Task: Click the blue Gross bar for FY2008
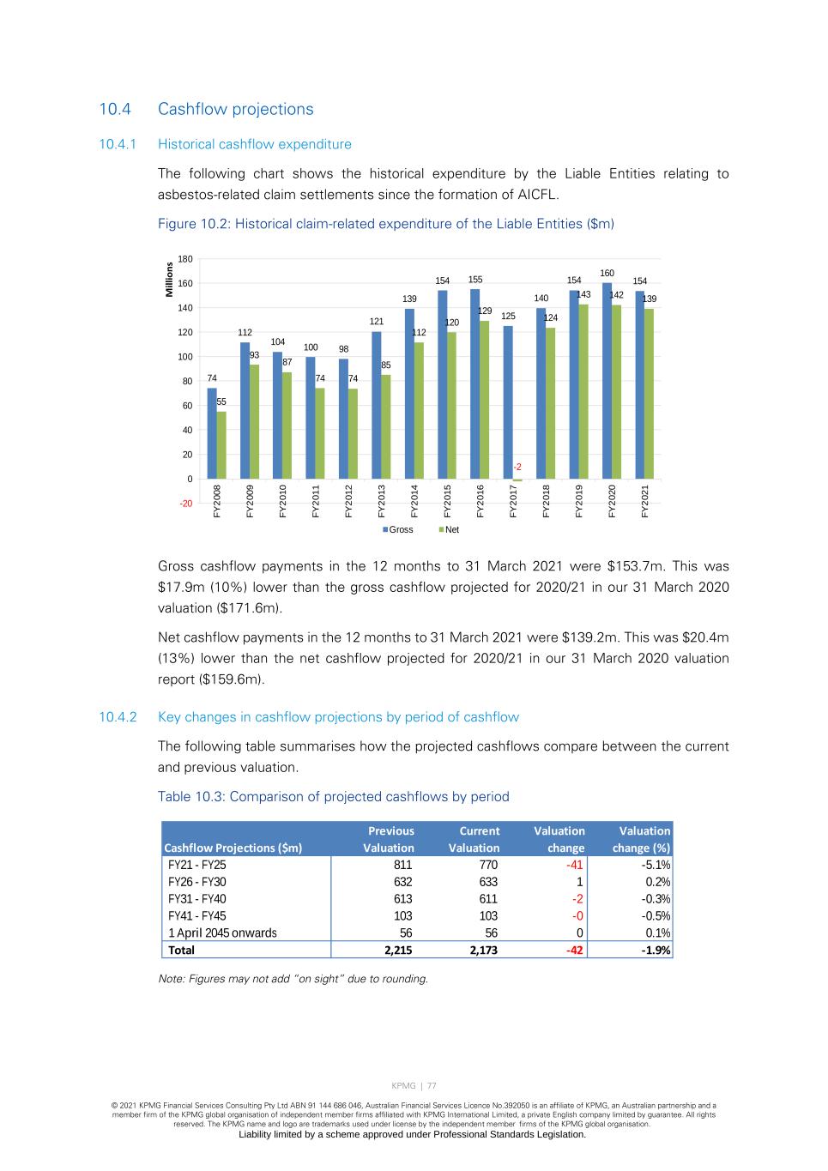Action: tap(212, 433)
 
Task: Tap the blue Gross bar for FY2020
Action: tap(607, 381)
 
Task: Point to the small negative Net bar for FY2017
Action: tap(517, 480)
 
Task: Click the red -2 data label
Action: tap(517, 467)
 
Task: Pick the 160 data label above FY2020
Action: tap(607, 273)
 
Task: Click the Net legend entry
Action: tap(449, 529)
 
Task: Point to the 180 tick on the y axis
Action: tap(185, 259)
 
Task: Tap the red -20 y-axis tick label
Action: tap(185, 504)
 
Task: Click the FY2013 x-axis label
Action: tap(381, 501)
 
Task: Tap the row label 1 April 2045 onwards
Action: tap(222, 933)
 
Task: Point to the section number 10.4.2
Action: tap(118, 717)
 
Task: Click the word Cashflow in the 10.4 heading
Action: tap(190, 109)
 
